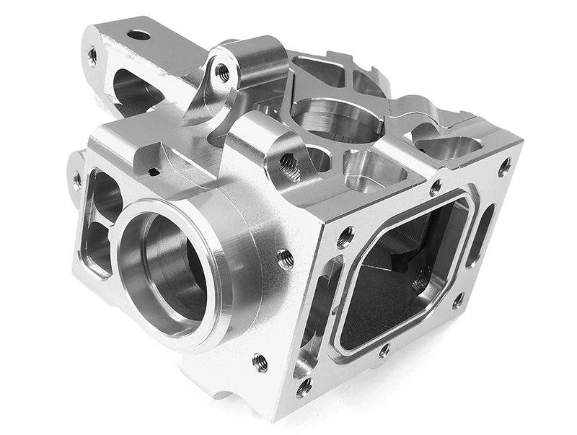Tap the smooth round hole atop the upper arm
138,35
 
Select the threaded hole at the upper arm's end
92,56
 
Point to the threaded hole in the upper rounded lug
223,72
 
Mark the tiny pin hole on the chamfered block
153,172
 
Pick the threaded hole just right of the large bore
285,256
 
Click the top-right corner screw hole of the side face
504,166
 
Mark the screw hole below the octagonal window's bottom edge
384,351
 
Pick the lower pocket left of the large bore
97,246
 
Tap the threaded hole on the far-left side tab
76,180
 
